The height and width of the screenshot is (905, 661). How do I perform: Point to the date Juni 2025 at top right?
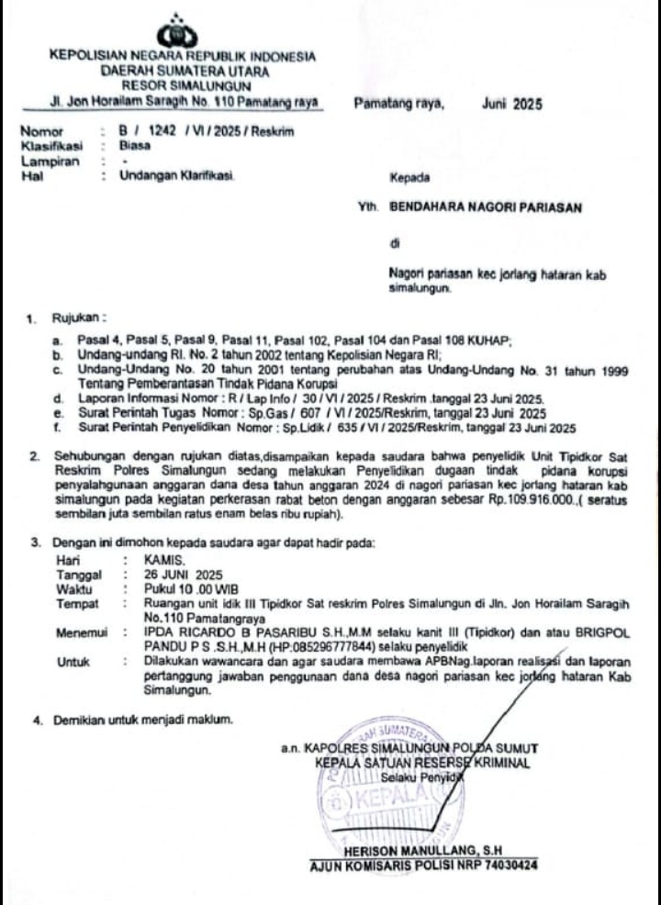511,105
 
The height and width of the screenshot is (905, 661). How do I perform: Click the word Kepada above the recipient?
409,175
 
